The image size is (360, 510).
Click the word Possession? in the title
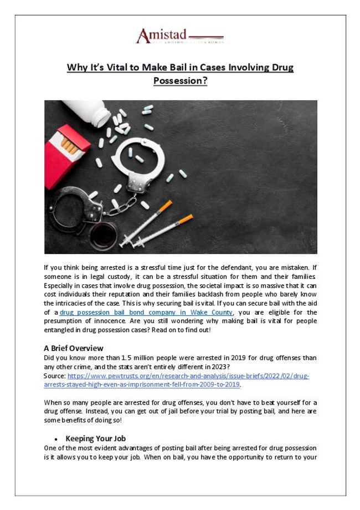pos(180,81)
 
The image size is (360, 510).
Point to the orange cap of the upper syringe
pos(165,206)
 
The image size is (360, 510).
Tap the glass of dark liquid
pos(102,235)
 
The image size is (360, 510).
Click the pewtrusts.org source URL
pos(188,376)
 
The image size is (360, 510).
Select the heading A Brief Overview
pos(73,348)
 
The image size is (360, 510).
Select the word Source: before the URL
pos(54,376)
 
